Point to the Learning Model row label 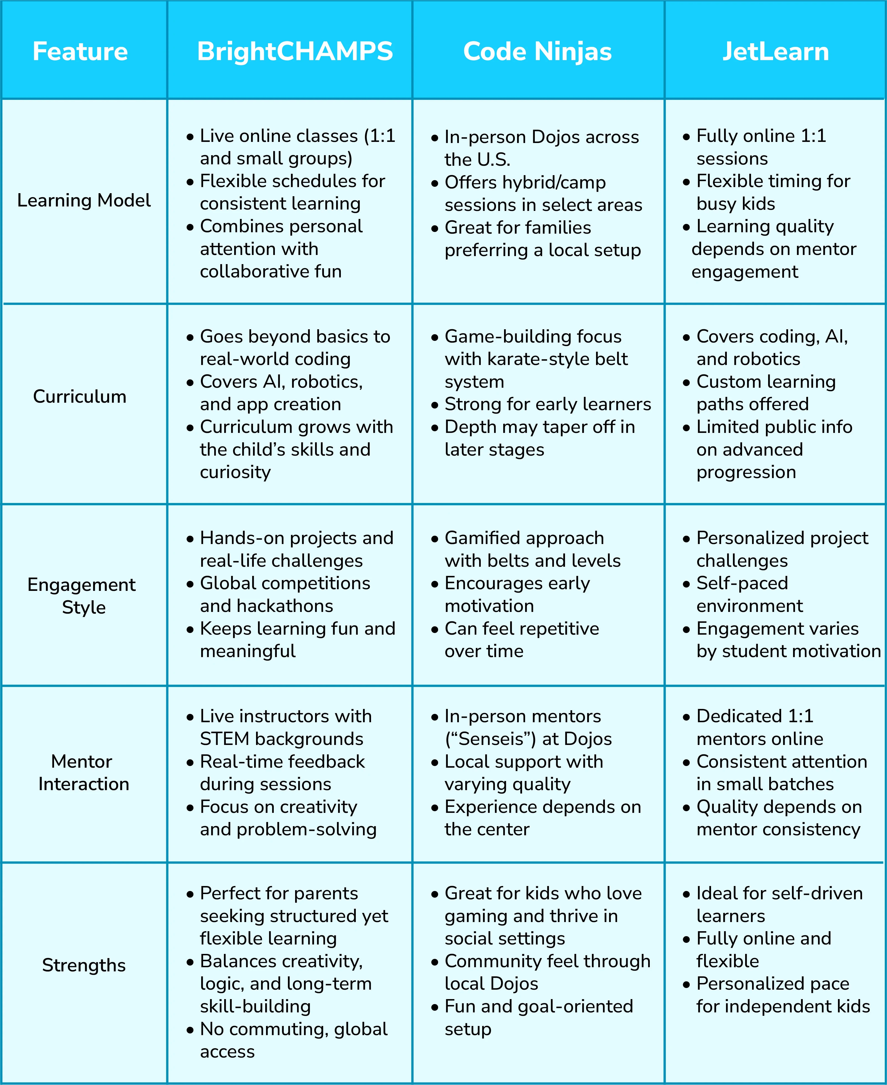click(84, 200)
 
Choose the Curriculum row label click(80, 397)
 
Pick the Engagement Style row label click(82, 596)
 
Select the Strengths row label click(84, 965)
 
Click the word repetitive click(561, 629)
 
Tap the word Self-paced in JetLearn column click(742, 583)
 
